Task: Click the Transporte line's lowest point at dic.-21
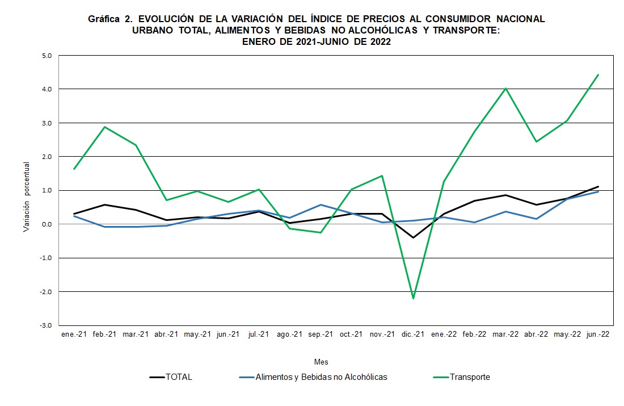[x=413, y=298]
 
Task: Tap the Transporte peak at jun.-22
[x=598, y=74]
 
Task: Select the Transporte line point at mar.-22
[x=505, y=88]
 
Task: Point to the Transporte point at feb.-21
[x=105, y=127]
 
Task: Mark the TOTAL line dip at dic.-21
[x=413, y=237]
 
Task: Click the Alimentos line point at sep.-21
[x=321, y=204]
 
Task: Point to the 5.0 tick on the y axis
[x=46, y=56]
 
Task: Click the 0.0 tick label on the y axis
[x=46, y=224]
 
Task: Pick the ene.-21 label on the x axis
[x=74, y=334]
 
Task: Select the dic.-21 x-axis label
[x=413, y=334]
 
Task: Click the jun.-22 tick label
[x=598, y=334]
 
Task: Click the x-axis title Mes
[x=321, y=362]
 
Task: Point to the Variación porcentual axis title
[x=27, y=196]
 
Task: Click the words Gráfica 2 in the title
[x=108, y=19]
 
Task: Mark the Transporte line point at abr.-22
[x=536, y=141]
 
